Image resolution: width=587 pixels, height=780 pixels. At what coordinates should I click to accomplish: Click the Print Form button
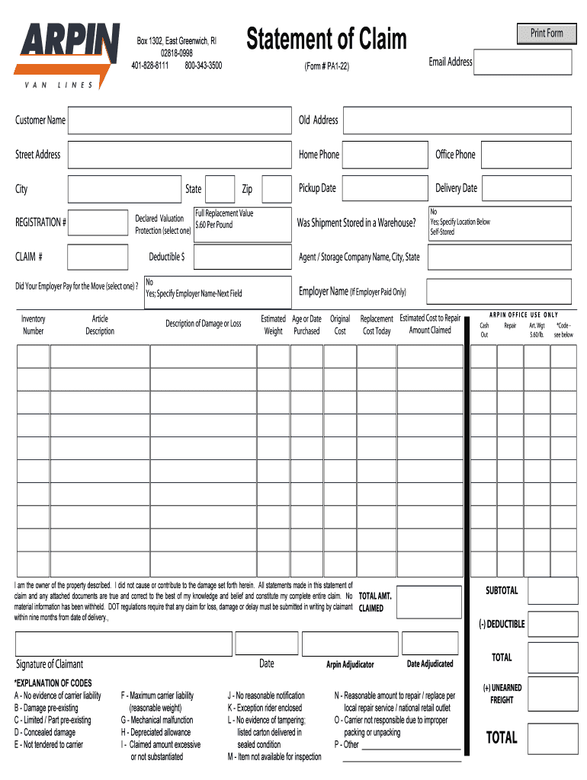tap(547, 34)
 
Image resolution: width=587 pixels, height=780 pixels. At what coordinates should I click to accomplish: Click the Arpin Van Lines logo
tap(67, 56)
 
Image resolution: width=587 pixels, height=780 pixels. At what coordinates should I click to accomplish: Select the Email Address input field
tap(522, 62)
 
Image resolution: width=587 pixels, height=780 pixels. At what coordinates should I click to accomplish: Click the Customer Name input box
tap(179, 120)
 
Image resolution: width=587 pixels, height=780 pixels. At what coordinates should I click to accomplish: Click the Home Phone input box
tap(385, 155)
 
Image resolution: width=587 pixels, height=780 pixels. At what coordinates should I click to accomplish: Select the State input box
tap(220, 189)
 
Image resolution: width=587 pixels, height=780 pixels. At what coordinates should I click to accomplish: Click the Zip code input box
tap(274, 189)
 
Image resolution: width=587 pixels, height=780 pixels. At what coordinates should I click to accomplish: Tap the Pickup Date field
tap(385, 189)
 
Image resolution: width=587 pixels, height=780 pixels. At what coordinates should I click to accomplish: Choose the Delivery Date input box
tap(526, 189)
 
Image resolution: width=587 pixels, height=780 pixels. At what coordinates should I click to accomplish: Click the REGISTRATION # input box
tap(98, 222)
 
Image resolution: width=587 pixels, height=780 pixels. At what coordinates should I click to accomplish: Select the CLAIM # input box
tap(98, 257)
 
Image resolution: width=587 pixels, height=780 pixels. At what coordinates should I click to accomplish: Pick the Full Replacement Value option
tap(224, 213)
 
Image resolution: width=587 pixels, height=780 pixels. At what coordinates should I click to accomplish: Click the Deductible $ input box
tap(242, 257)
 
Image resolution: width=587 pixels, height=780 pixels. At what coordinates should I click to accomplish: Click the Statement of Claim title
tap(326, 40)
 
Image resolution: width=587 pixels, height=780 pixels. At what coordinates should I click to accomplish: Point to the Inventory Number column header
tap(34, 324)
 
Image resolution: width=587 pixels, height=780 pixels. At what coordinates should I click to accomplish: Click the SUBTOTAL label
tap(502, 590)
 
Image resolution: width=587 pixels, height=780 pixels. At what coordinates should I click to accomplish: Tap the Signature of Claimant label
tap(50, 663)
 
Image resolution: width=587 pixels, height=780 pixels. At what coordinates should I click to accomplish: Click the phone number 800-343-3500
tap(203, 66)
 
